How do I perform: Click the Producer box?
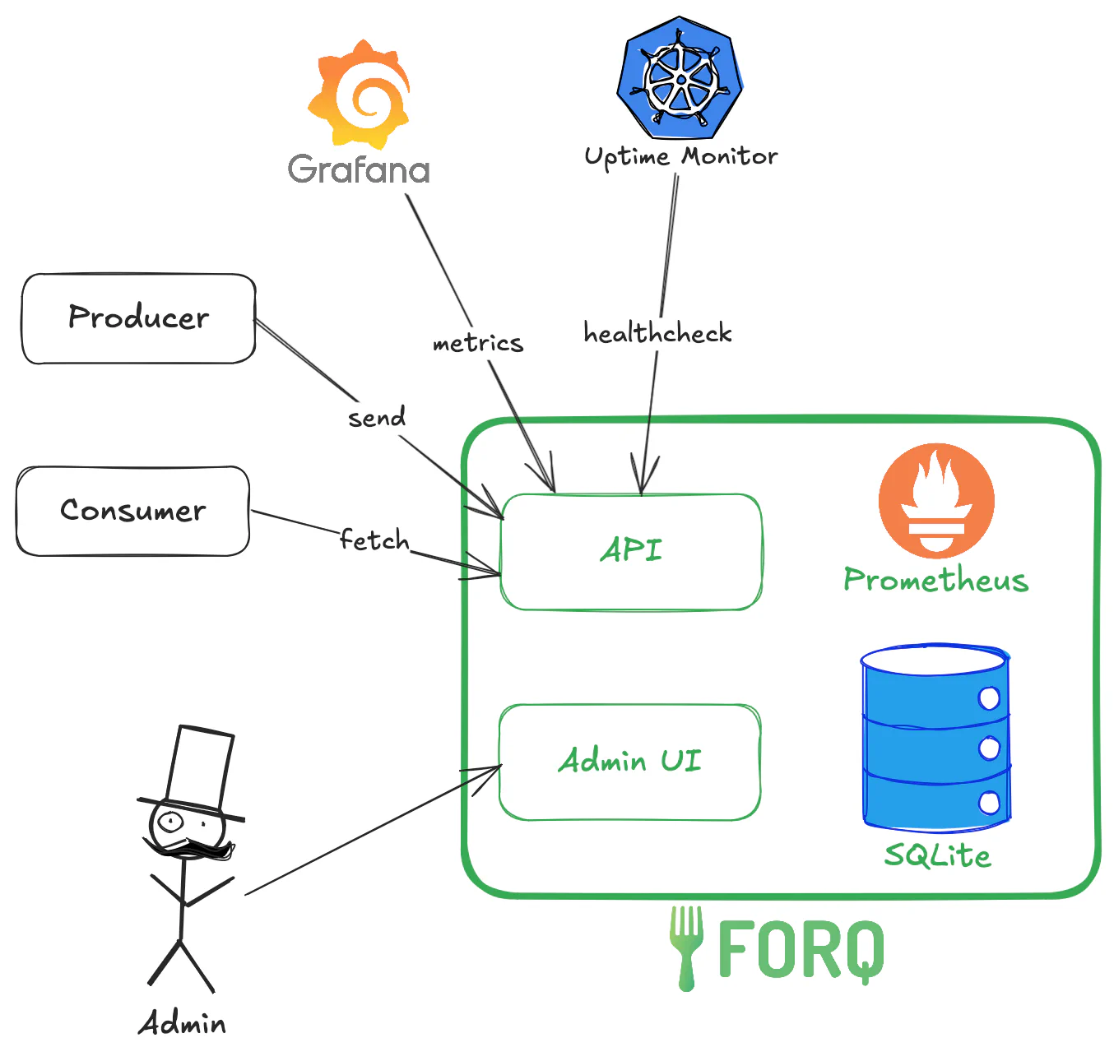point(138,318)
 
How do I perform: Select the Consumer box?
point(132,511)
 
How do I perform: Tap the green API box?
point(631,551)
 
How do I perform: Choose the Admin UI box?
point(629,762)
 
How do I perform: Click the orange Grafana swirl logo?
point(360,93)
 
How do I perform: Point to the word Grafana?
point(359,169)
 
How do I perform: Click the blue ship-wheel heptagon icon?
point(680,78)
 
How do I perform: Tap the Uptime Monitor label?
point(680,156)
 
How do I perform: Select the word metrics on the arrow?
point(478,343)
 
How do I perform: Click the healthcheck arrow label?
point(657,333)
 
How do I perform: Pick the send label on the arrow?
point(377,418)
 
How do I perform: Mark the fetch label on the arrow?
point(374,540)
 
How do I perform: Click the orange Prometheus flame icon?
point(936,501)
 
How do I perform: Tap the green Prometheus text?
point(936,580)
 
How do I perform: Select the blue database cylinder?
point(935,737)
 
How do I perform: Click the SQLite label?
point(937,856)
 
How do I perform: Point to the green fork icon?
point(685,946)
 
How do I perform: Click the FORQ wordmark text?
point(801,951)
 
